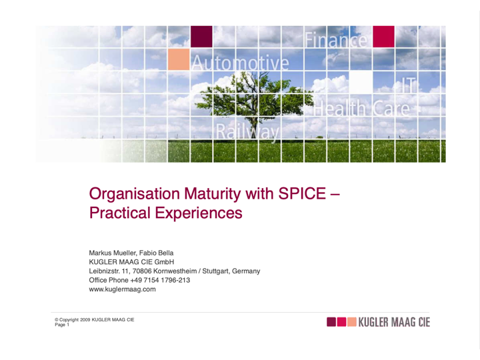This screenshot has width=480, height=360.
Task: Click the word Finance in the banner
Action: (x=336, y=40)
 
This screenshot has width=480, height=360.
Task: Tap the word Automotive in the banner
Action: (x=240, y=63)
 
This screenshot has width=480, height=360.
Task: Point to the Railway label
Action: (x=247, y=132)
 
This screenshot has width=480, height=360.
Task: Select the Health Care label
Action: (x=361, y=109)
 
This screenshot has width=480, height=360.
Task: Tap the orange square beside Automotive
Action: (x=179, y=59)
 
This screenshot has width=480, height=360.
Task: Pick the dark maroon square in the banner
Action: (x=201, y=37)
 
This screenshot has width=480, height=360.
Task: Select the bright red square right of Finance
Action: (x=383, y=37)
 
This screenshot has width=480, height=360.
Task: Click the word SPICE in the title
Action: (x=302, y=193)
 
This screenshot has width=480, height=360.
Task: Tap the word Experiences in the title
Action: (x=199, y=213)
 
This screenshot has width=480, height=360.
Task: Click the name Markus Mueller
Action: (x=113, y=253)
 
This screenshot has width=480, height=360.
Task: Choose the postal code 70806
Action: (x=142, y=271)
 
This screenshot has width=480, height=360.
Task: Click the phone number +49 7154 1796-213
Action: (x=160, y=280)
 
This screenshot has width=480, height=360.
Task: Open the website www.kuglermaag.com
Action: (x=122, y=289)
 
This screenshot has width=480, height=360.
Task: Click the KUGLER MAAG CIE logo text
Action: (x=394, y=322)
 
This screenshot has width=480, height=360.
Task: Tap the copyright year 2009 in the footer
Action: (x=85, y=319)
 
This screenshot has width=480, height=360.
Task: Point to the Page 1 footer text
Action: (x=62, y=325)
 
